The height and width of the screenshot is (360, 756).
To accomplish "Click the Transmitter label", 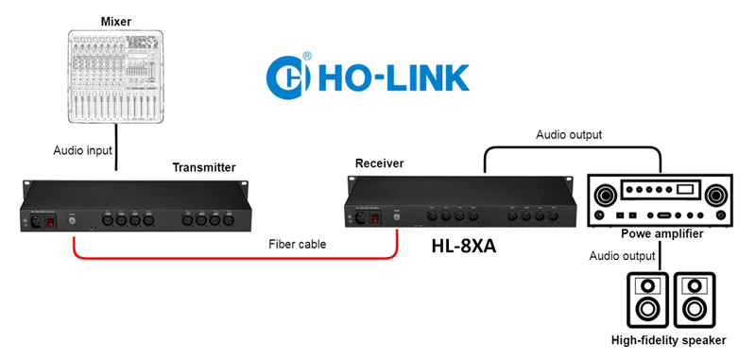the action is [x=204, y=168].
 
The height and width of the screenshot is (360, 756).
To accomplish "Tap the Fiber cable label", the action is [x=297, y=244].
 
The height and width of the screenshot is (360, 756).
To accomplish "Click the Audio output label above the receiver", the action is [x=568, y=135].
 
